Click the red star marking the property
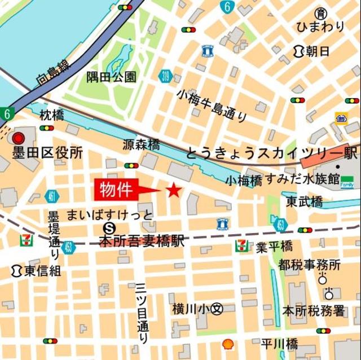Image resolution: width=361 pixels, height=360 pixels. click(x=174, y=191)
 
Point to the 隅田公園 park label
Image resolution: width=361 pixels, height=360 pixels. click(x=111, y=77)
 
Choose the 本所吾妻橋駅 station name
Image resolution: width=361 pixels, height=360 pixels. click(x=142, y=242)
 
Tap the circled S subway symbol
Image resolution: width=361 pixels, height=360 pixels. click(x=111, y=228)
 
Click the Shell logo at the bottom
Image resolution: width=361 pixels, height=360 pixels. click(x=228, y=343)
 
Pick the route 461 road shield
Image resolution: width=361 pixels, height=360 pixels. click(x=52, y=196)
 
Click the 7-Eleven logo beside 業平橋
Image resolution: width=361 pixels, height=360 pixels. click(x=241, y=245)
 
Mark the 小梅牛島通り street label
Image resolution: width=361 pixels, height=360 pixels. click(x=212, y=105)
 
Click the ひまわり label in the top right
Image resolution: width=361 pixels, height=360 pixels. click(x=320, y=27)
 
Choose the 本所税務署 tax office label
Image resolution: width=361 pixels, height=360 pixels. click(x=313, y=310)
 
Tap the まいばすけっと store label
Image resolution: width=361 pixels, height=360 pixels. click(x=109, y=215)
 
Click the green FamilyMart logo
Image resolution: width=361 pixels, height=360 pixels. click(x=347, y=182)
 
